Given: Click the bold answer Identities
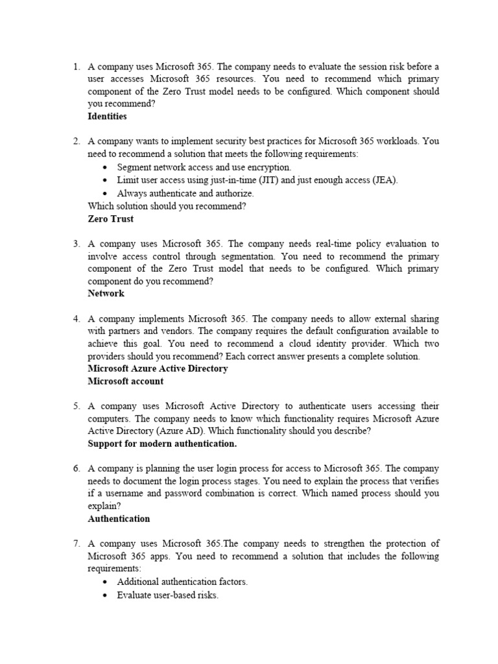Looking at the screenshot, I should click(107, 117).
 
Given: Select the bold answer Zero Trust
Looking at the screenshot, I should click(110, 219).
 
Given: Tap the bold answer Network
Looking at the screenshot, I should click(106, 293).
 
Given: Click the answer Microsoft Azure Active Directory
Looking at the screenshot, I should click(158, 368).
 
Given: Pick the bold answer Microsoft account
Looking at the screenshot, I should click(125, 381).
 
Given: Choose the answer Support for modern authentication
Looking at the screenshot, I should click(162, 444).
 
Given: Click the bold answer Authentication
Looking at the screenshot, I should click(119, 519).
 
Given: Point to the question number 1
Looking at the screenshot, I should click(76, 67).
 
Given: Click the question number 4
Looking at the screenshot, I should click(76, 319).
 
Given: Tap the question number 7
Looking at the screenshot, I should click(76, 543).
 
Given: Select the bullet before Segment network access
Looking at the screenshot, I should click(106, 167).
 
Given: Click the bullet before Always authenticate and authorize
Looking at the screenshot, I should click(106, 193).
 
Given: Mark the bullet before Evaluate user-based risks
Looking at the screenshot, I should click(106, 595).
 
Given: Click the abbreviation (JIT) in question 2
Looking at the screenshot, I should click(267, 180).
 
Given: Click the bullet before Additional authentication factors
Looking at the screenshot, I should click(106, 582).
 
